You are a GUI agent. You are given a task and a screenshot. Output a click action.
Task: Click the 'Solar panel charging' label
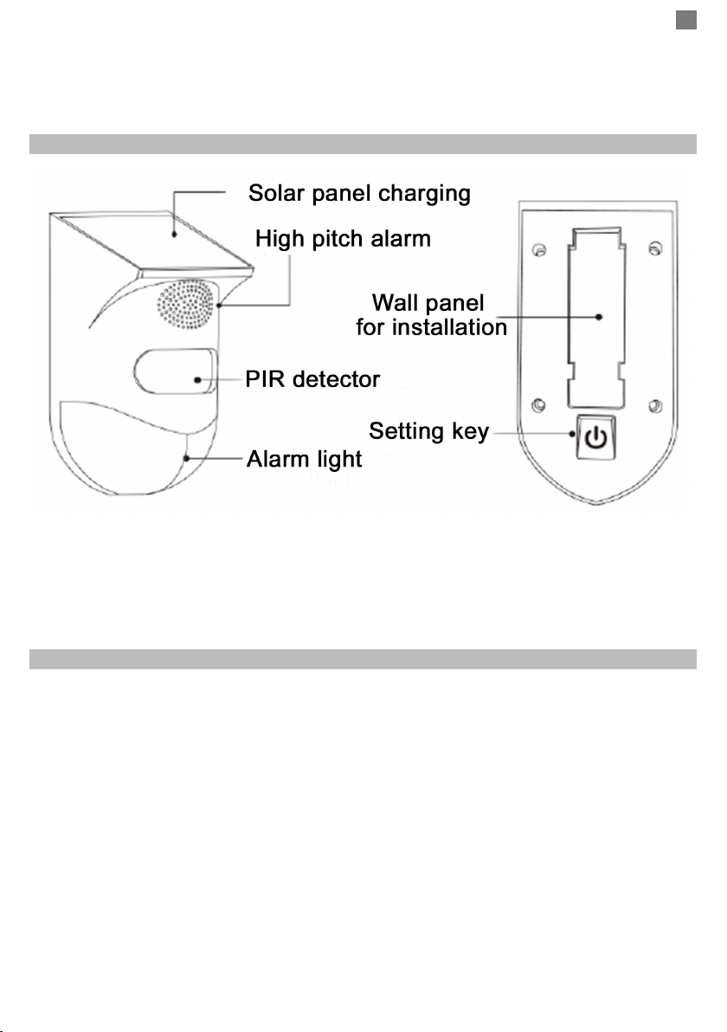tap(359, 194)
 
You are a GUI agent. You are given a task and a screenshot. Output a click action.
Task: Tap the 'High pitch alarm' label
tap(343, 238)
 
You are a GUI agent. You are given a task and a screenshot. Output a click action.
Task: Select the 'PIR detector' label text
tap(312, 379)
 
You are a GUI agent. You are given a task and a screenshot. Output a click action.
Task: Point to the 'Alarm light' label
tap(304, 460)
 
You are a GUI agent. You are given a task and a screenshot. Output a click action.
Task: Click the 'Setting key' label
tap(429, 431)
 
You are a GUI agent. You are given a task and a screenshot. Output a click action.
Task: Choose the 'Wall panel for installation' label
tap(432, 314)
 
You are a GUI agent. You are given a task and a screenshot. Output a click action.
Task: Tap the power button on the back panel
tap(596, 437)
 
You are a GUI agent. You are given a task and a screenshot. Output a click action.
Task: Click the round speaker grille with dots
tap(185, 304)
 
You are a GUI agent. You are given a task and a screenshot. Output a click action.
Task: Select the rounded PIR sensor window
tap(176, 371)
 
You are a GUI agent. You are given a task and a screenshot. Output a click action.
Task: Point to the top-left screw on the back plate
tap(539, 250)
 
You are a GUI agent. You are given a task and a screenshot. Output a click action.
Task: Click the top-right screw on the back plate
tap(654, 248)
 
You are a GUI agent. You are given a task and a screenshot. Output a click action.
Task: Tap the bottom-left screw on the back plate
tap(538, 405)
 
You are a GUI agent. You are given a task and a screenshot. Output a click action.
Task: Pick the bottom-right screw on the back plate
tap(655, 406)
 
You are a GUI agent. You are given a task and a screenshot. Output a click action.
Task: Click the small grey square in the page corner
tap(686, 21)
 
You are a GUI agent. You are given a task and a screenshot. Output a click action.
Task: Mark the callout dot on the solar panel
tap(174, 233)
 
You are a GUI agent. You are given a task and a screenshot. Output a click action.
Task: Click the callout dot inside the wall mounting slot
tap(599, 317)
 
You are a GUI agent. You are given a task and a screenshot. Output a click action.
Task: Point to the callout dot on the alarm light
tap(187, 458)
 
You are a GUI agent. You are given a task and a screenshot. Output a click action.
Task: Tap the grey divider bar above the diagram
tap(363, 144)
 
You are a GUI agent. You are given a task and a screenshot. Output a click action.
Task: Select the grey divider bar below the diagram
tap(363, 660)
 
